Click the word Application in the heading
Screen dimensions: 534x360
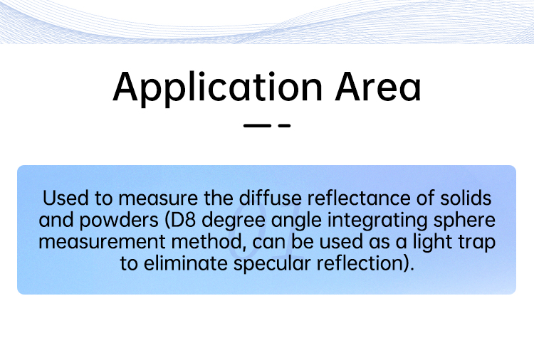pyautogui.click(x=217, y=88)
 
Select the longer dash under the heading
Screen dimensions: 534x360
pyautogui.click(x=257, y=125)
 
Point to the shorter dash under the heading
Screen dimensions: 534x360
pyautogui.click(x=284, y=125)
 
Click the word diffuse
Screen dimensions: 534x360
pyautogui.click(x=270, y=198)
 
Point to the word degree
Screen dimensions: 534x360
pyautogui.click(x=234, y=221)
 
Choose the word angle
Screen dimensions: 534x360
pyautogui.click(x=296, y=221)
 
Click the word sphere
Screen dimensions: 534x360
pyautogui.click(x=464, y=221)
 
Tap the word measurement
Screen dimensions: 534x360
pyautogui.click(x=102, y=243)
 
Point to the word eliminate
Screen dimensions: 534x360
pyautogui.click(x=186, y=263)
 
